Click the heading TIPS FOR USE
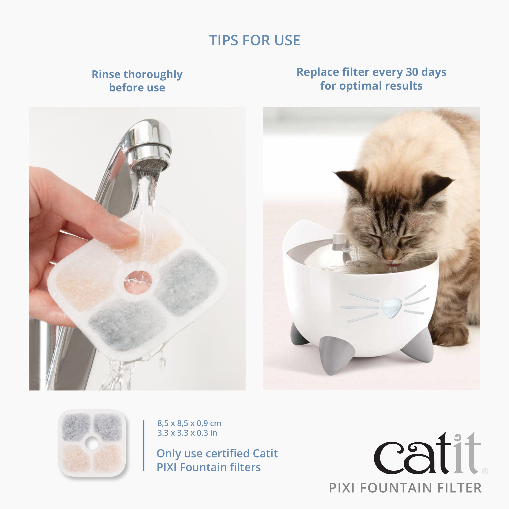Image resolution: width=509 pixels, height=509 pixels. (254, 40)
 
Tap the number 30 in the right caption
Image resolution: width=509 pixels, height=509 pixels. (412, 72)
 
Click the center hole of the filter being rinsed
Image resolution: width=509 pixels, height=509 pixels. (138, 282)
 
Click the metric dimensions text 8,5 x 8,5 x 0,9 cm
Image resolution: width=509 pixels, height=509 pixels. (189, 423)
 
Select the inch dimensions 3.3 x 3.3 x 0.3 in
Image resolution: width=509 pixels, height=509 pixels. (187, 433)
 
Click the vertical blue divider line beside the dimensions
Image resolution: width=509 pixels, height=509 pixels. (144, 445)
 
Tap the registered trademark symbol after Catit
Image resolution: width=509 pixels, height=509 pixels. (485, 471)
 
